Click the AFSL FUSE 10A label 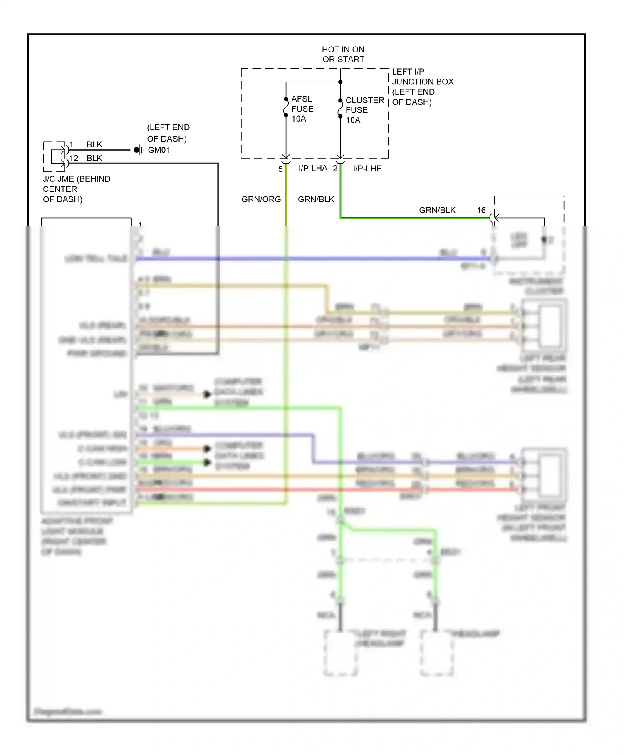[x=302, y=109]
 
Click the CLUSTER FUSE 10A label [x=364, y=110]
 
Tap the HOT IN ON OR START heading [x=343, y=55]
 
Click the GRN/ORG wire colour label [x=261, y=199]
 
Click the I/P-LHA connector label [x=313, y=169]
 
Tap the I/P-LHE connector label [x=367, y=169]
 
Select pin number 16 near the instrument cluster [x=481, y=210]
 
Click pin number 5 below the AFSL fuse [x=280, y=169]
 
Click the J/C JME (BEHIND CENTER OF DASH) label [x=77, y=189]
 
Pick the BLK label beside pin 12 [x=94, y=158]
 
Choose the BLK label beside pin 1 [x=94, y=144]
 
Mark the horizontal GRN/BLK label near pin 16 [x=437, y=210]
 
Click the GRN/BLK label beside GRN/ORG [x=316, y=199]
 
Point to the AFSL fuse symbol [x=286, y=107]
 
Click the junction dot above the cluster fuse [x=340, y=82]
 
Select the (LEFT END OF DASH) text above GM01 [x=168, y=133]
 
